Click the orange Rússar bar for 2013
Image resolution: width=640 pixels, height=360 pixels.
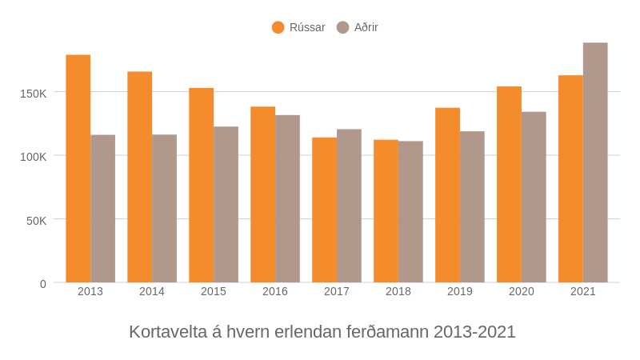[x=78, y=169]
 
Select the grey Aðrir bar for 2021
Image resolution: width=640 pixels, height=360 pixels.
[x=595, y=162]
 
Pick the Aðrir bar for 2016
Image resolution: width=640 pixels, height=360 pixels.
[x=287, y=198]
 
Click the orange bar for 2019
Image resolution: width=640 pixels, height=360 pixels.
[x=447, y=195]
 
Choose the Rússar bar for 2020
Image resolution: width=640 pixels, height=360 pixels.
[x=509, y=184]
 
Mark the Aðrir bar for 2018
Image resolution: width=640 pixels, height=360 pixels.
[x=410, y=212]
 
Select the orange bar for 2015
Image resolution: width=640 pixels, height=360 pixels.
[x=202, y=185]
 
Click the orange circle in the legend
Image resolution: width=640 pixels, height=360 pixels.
[x=278, y=27]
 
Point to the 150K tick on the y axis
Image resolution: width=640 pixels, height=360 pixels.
[x=34, y=93]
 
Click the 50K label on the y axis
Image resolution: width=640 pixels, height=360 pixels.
[x=37, y=220]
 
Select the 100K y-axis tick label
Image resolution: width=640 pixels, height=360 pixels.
[x=34, y=156]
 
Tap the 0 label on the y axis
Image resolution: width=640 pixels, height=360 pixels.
[x=43, y=284]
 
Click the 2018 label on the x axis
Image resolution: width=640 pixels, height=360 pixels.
[x=398, y=291]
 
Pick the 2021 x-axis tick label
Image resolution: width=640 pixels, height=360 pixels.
[x=583, y=291]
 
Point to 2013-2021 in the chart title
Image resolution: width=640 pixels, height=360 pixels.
[x=474, y=331]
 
